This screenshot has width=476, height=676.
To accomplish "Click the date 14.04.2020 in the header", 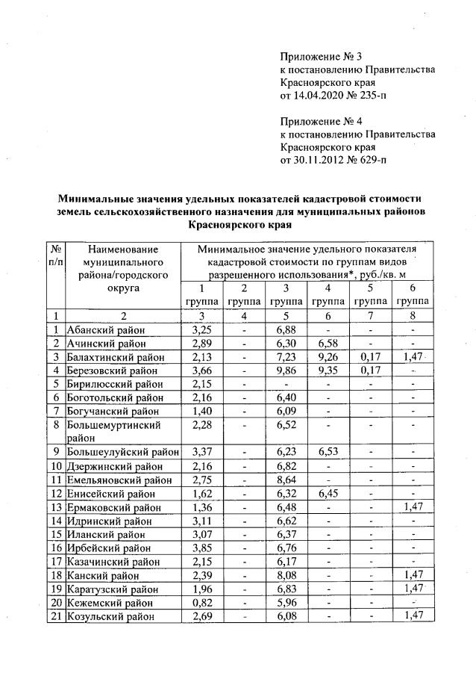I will click(x=322, y=96).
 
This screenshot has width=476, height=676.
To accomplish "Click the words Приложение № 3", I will click(x=321, y=56).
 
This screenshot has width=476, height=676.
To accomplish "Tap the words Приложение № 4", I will click(x=321, y=120).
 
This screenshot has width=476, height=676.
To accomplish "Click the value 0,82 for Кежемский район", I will click(x=201, y=602).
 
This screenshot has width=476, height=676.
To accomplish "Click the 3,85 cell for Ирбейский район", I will click(x=201, y=548).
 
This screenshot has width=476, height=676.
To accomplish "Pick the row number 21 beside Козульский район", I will click(x=56, y=615).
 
